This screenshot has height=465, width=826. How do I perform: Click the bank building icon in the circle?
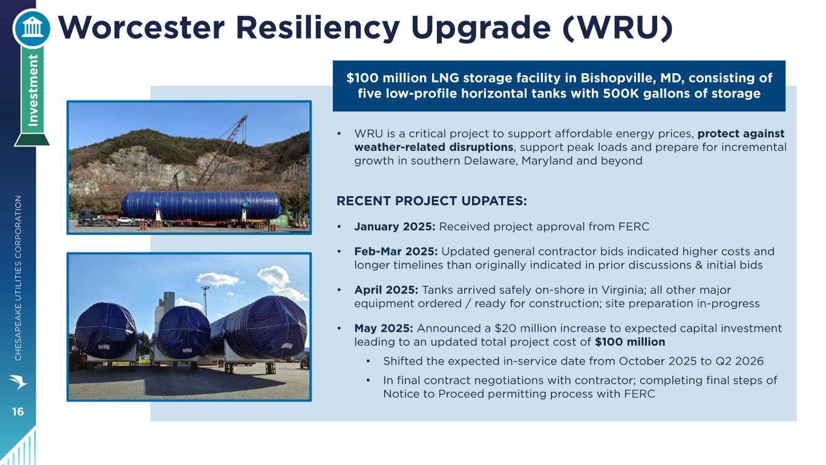[31, 28]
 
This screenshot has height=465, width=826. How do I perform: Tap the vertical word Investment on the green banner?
[33, 90]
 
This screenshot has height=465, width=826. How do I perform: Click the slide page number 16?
[18, 412]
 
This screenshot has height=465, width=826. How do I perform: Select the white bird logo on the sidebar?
[18, 381]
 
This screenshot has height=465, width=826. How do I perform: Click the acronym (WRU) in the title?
[618, 28]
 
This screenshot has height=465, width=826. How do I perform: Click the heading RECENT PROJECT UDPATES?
[431, 201]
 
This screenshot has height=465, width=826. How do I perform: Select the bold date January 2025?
[395, 226]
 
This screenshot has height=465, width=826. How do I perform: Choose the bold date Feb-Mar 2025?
[396, 252]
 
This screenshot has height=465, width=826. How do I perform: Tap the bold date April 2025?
[386, 290]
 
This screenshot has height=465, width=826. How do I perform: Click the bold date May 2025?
[384, 328]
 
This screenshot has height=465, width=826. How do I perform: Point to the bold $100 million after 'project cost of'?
[630, 342]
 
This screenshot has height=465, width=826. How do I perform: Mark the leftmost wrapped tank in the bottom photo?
[107, 331]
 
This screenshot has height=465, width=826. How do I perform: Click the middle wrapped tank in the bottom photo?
[183, 332]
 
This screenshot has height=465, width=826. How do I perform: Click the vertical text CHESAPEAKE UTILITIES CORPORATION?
[18, 278]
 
